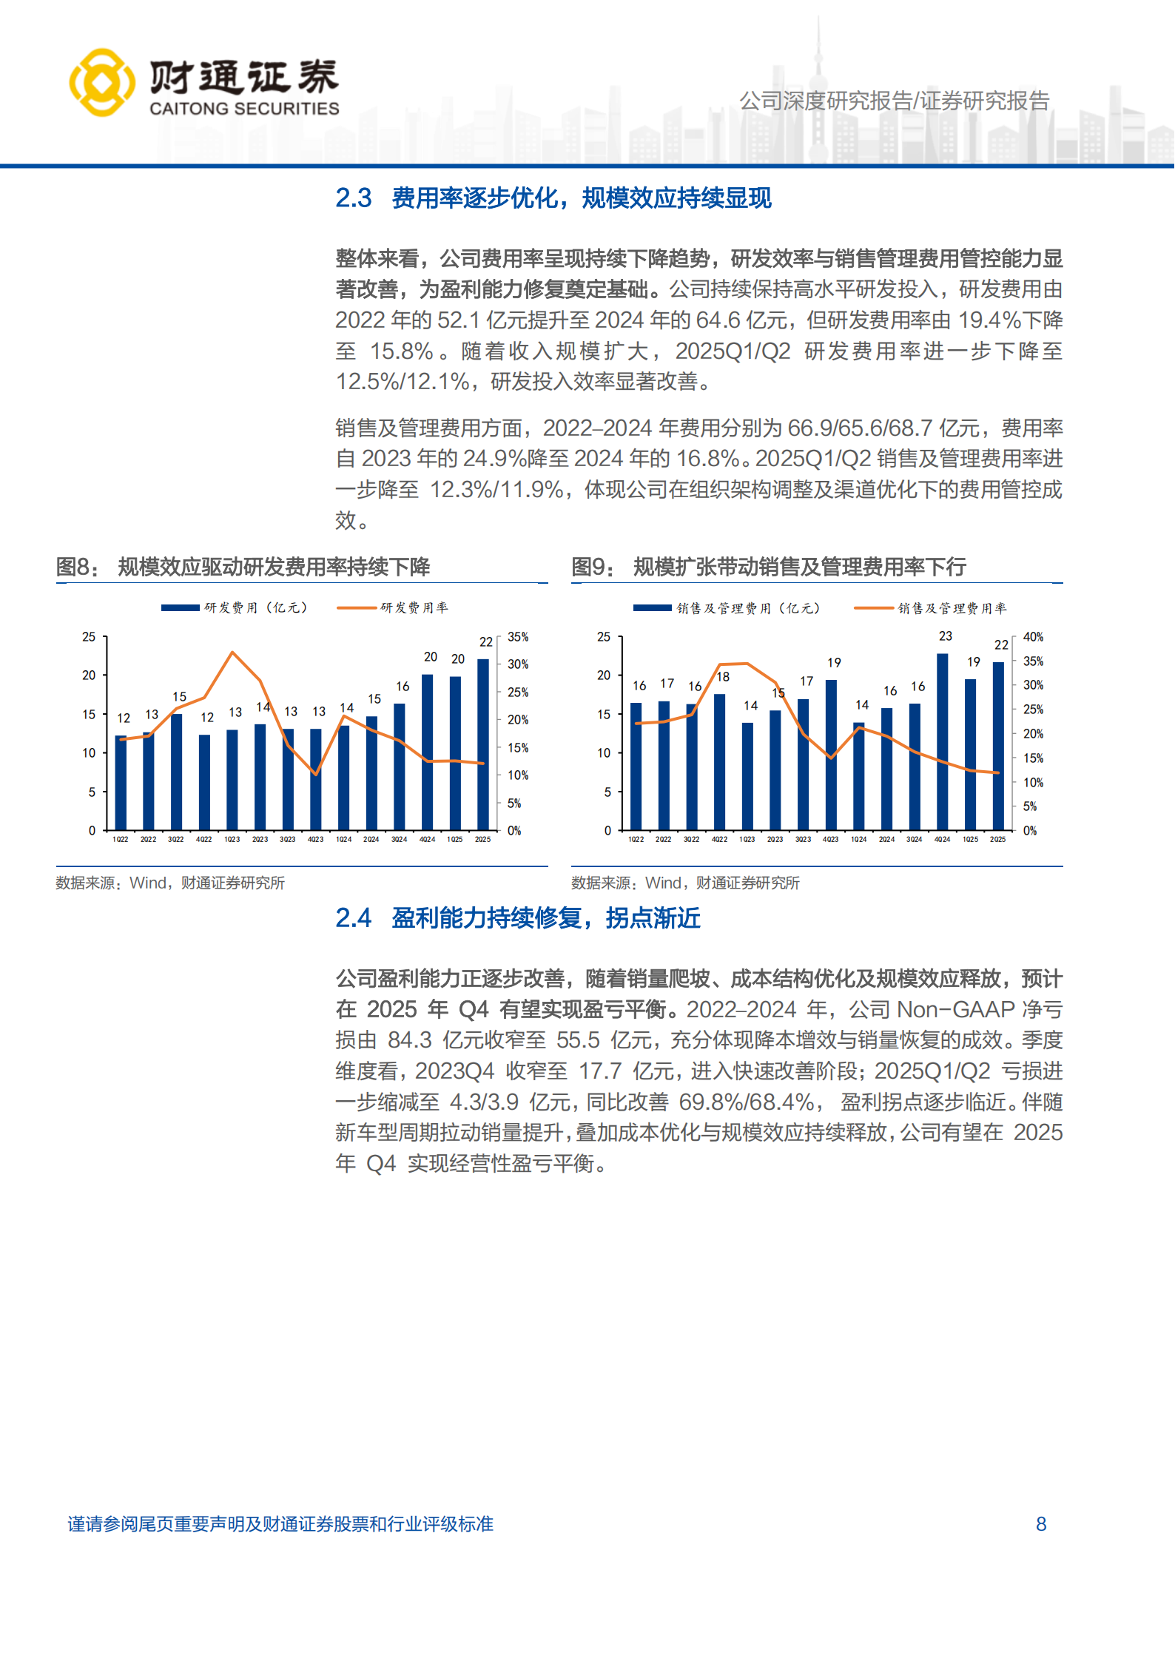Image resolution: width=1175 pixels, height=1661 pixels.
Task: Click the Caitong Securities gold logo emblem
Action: (x=101, y=83)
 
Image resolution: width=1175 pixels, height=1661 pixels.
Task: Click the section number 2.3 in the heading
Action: (x=353, y=198)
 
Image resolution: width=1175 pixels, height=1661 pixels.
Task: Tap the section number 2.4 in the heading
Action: (x=353, y=918)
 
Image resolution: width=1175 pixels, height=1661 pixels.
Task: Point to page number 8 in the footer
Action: (x=1040, y=1524)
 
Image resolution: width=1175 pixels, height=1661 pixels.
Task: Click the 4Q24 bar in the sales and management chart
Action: (x=942, y=741)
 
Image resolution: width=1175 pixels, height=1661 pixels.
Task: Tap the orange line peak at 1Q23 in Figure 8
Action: (x=232, y=653)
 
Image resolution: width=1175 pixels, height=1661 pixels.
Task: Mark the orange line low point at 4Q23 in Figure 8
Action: (x=316, y=774)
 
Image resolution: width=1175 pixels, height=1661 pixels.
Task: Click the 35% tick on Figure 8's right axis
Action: (x=518, y=637)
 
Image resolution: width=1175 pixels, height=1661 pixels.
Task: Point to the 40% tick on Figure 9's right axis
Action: (x=1033, y=637)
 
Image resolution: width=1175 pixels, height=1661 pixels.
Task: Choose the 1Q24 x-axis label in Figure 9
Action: (x=858, y=840)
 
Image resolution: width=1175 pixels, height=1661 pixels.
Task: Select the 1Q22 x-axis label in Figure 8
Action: (x=120, y=840)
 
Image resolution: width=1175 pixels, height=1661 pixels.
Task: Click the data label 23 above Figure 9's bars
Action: (x=946, y=636)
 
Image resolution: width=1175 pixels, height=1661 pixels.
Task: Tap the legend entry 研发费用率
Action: (x=414, y=608)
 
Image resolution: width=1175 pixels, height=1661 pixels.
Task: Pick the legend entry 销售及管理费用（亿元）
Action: (x=748, y=608)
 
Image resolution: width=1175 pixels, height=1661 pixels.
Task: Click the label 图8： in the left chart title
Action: (x=77, y=567)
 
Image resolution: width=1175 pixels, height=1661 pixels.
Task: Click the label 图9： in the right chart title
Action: (x=593, y=567)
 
